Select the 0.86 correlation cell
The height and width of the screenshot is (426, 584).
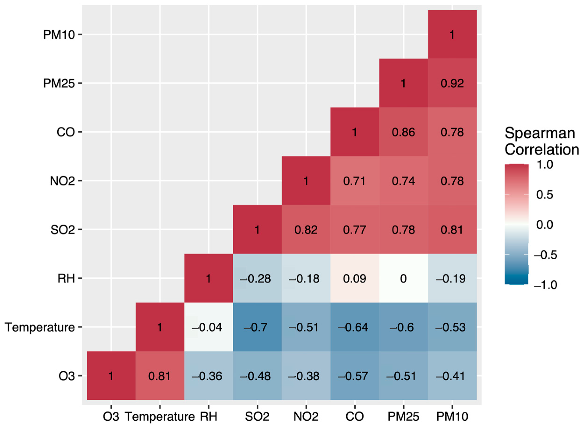point(403,132)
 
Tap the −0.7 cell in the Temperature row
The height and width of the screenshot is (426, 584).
point(257,327)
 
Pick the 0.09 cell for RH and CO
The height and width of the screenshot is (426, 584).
point(354,278)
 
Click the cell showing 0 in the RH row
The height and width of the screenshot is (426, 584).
point(403,278)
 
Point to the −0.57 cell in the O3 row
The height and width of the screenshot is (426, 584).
point(354,376)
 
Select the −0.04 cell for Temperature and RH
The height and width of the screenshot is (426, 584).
point(209,327)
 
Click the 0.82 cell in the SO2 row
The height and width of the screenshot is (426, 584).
point(306,229)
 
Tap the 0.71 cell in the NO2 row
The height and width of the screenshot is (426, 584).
point(354,181)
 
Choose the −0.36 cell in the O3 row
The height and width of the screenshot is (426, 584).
point(209,376)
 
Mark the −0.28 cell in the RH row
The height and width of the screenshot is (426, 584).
point(257,278)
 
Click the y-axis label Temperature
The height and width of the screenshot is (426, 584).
point(40,327)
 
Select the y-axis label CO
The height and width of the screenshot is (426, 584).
point(66,132)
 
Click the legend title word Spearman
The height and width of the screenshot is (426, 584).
point(540,133)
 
